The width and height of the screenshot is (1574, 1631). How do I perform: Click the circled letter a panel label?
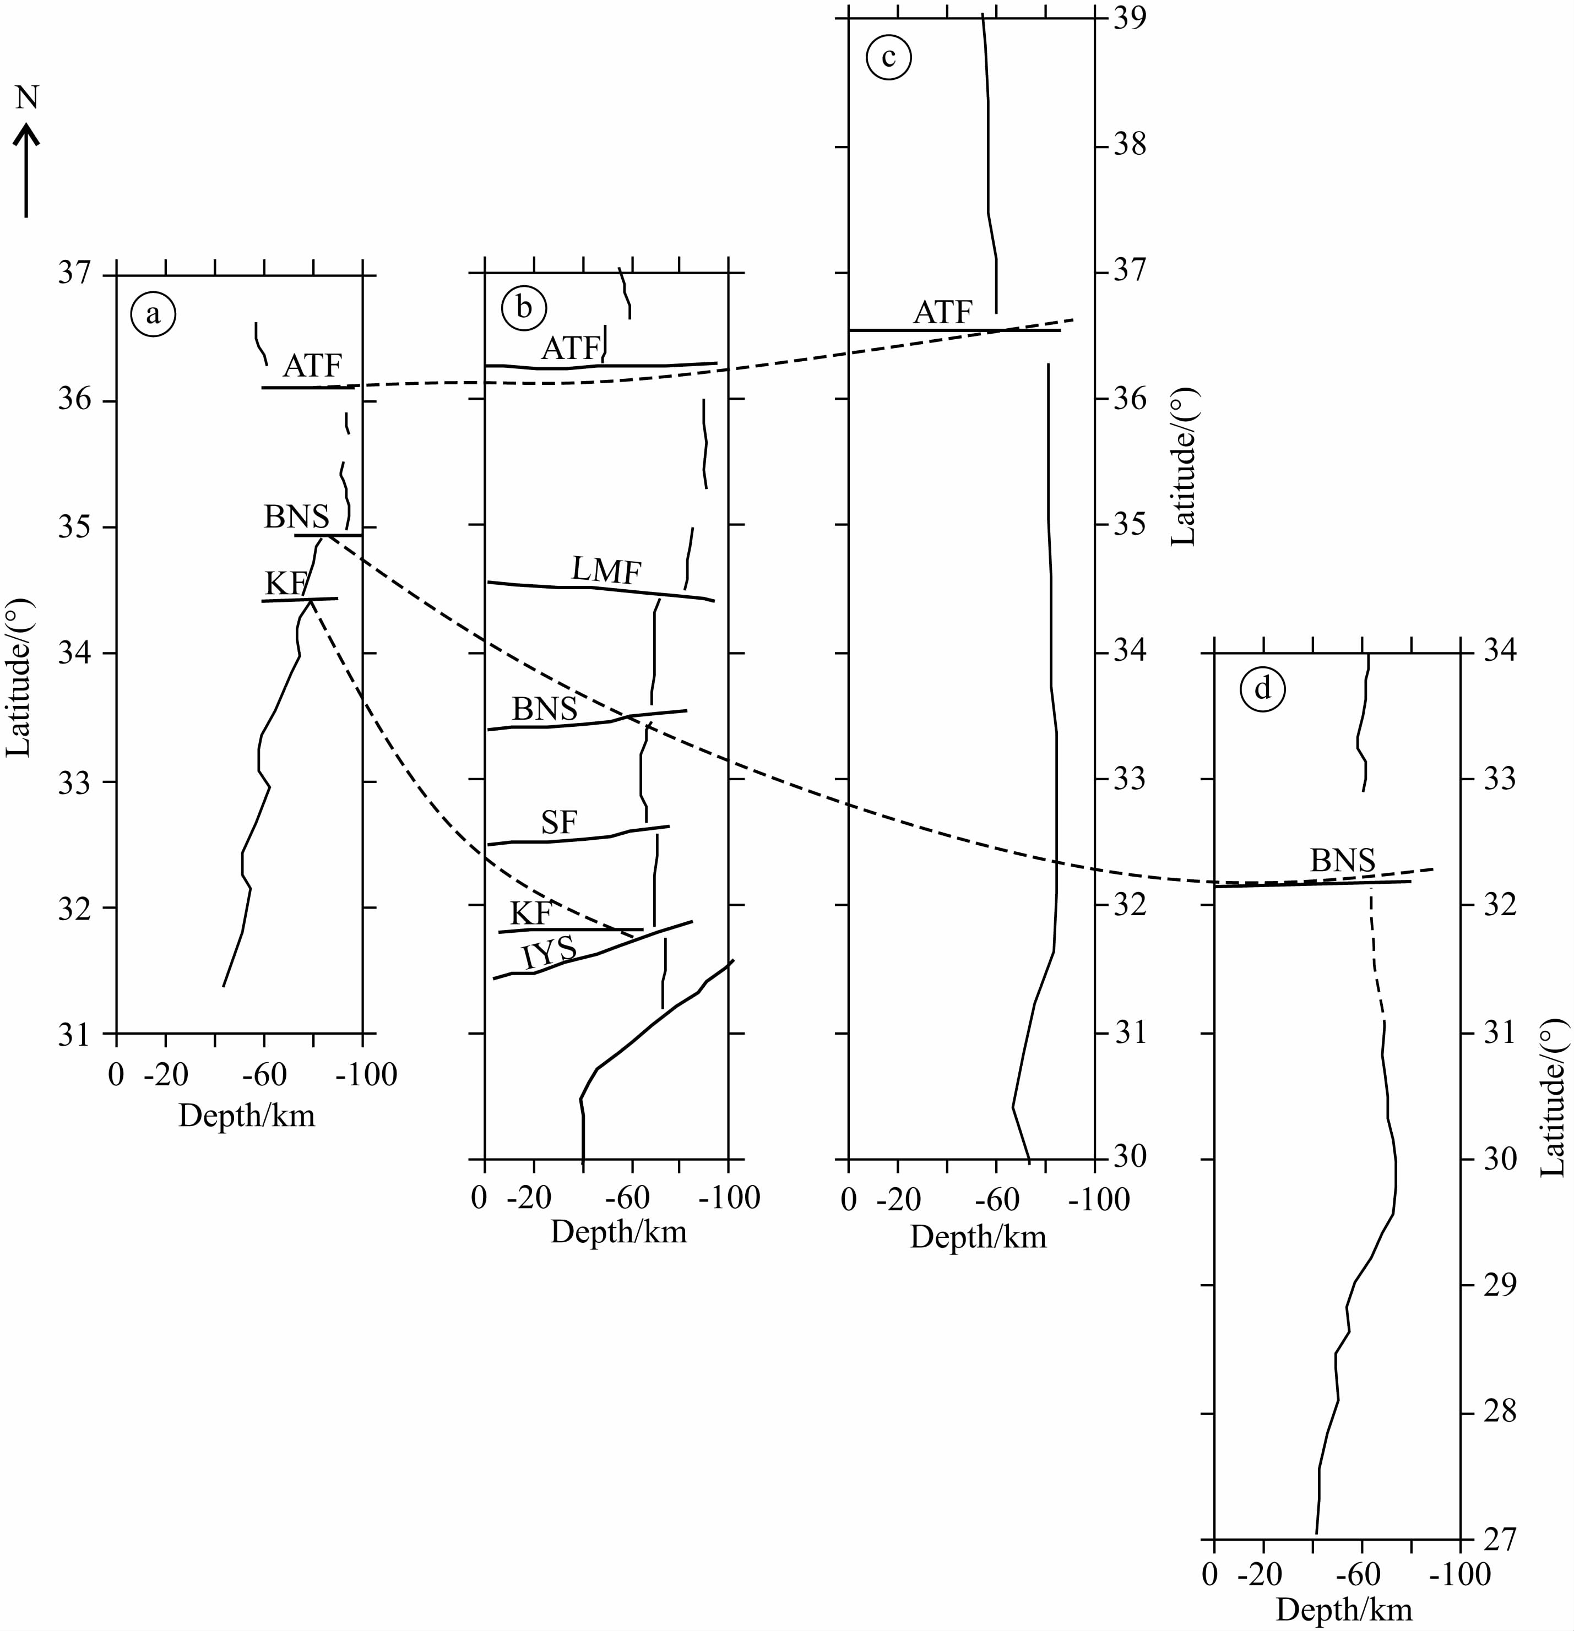click(x=153, y=314)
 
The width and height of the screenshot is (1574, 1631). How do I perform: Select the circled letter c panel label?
click(x=888, y=57)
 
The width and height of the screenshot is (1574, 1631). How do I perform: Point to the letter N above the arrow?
click(x=28, y=98)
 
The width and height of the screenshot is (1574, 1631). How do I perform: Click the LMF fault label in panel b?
click(x=606, y=571)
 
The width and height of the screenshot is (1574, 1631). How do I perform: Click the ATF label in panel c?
click(x=943, y=313)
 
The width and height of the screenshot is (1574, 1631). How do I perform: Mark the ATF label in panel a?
click(x=312, y=365)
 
